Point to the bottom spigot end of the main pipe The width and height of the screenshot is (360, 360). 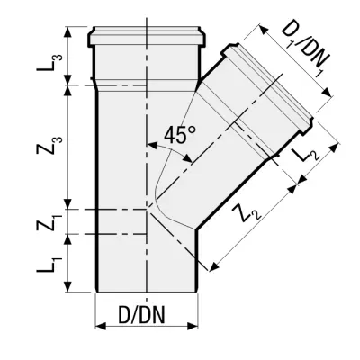pos(144,290)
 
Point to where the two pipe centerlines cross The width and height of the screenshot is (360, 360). pos(145,209)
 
